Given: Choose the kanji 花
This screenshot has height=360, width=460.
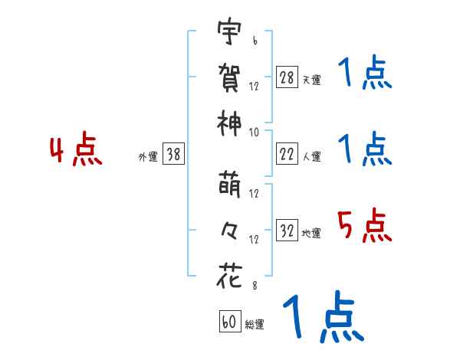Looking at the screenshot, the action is point(229,275).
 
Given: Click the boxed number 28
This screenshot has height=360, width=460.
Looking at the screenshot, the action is point(287,77).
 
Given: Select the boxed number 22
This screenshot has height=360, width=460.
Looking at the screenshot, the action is point(287,154).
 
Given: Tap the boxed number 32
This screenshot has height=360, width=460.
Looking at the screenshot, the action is point(287,231).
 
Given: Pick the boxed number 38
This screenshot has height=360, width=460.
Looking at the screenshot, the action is point(173,154).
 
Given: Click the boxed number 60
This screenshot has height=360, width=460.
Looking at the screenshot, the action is point(228,322).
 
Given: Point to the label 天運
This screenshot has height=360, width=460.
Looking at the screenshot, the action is point(311,80).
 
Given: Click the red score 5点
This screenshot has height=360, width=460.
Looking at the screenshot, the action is point(364,227).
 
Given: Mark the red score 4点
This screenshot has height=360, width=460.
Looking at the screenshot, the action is point(75,151).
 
